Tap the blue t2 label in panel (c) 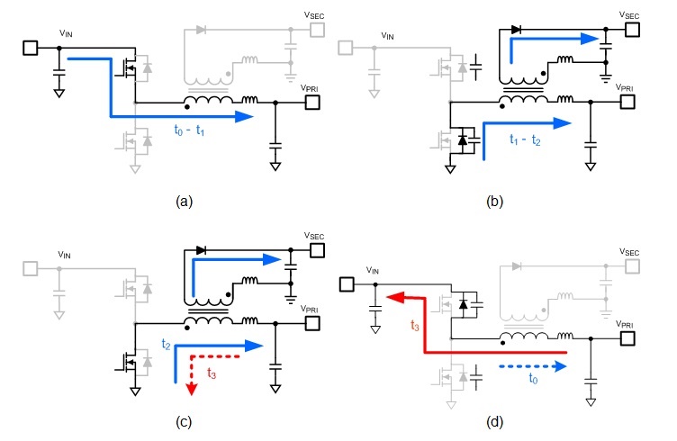click(x=166, y=345)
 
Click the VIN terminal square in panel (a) click(x=29, y=47)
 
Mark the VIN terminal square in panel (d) click(x=348, y=285)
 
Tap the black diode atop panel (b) click(x=515, y=29)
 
